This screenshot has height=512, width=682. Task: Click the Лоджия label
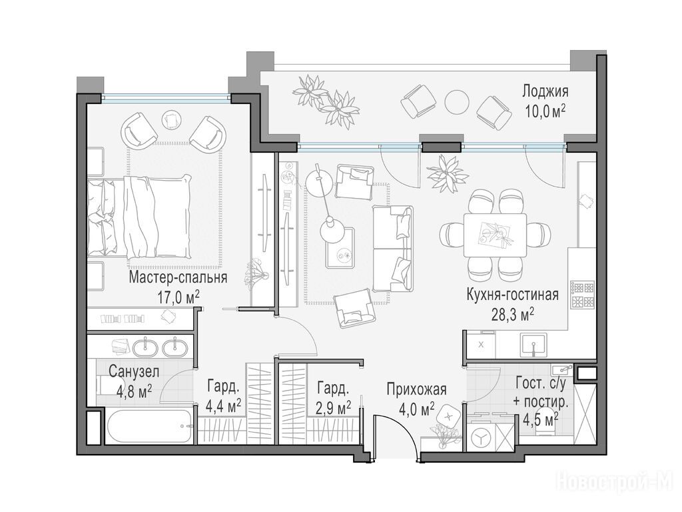click(x=545, y=92)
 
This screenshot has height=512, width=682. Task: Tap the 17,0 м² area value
click(x=178, y=298)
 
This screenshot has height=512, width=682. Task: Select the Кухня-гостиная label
click(x=512, y=295)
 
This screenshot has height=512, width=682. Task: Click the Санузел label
click(x=134, y=372)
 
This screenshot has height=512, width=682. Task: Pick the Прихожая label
click(x=417, y=389)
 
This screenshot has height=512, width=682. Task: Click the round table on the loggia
click(x=457, y=102)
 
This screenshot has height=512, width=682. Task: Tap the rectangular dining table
click(x=495, y=235)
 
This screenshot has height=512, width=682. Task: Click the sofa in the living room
click(x=393, y=249)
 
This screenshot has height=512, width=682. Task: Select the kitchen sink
click(x=533, y=343)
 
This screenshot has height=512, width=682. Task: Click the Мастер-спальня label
click(x=178, y=277)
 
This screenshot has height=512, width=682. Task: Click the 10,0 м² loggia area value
click(x=545, y=111)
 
